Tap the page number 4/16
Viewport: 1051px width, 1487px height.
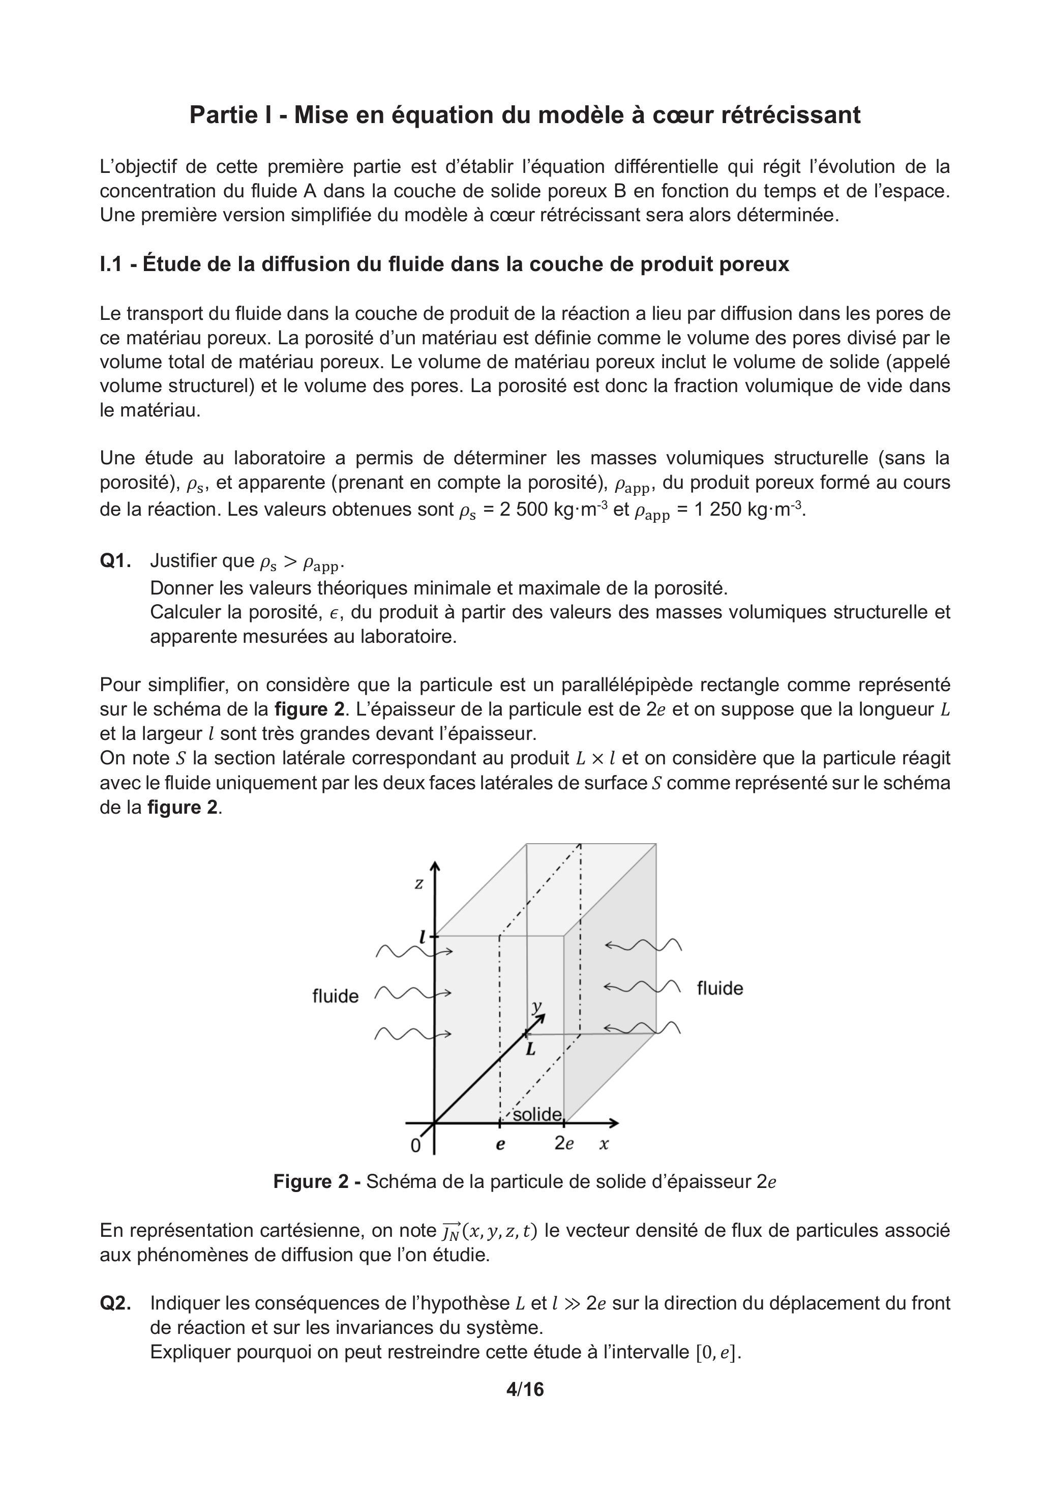(525, 1389)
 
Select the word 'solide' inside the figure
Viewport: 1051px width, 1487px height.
(537, 1114)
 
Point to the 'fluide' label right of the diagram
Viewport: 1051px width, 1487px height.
(719, 988)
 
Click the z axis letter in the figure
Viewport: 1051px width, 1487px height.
(419, 883)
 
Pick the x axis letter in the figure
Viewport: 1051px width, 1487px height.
(604, 1144)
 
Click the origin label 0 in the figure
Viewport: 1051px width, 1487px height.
(416, 1146)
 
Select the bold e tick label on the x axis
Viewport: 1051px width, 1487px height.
(500, 1144)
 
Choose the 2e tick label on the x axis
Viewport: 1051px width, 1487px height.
(564, 1144)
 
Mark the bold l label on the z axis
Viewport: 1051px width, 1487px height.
(422, 937)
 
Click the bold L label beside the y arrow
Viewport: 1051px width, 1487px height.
(530, 1049)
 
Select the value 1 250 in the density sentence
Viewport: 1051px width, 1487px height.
(718, 510)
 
